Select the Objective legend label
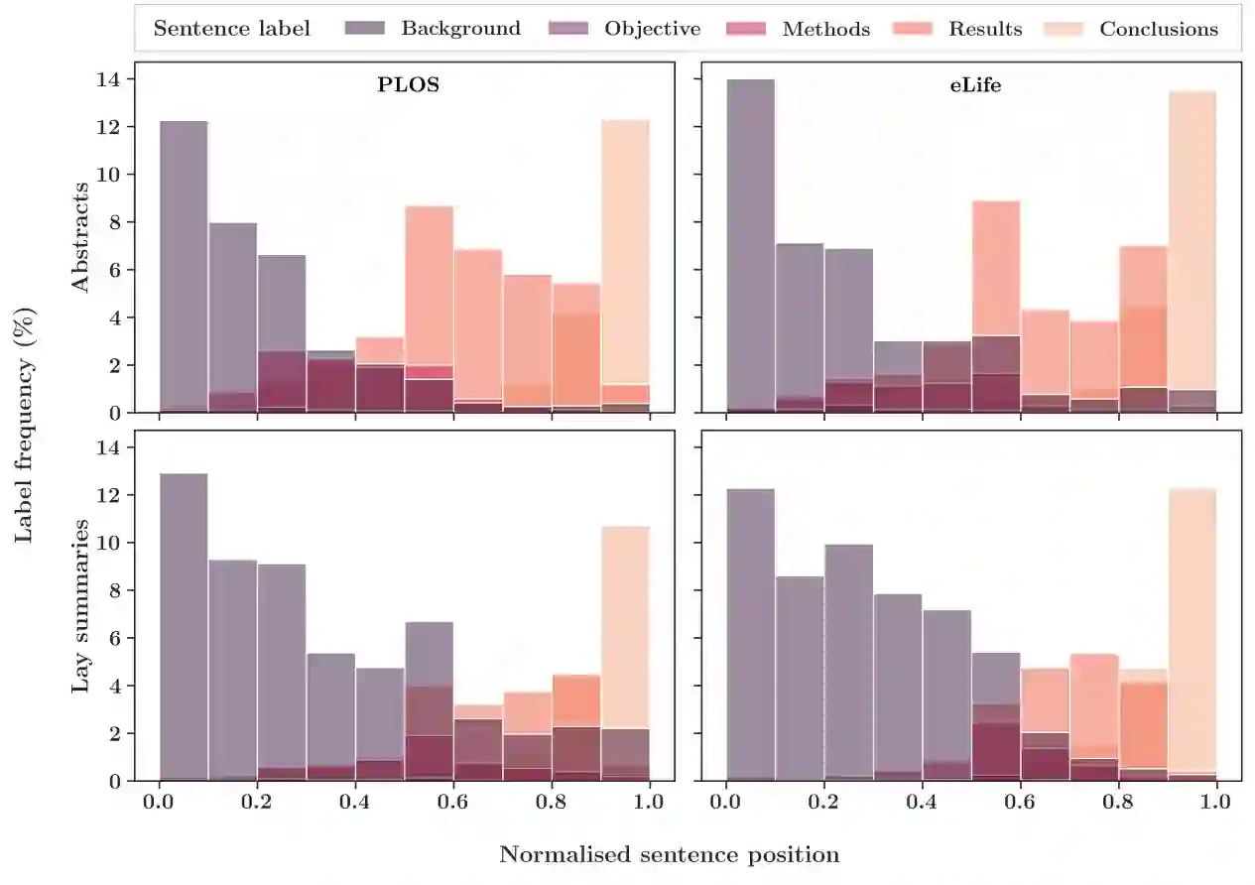pyautogui.click(x=652, y=29)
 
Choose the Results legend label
pyautogui.click(x=984, y=29)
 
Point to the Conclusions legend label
pyautogui.click(x=1158, y=29)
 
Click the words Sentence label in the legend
pyautogui.click(x=231, y=29)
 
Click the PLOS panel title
pyautogui.click(x=408, y=84)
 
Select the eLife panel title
pyautogui.click(x=974, y=84)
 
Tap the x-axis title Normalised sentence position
pyautogui.click(x=669, y=854)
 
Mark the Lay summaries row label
pyautogui.click(x=80, y=605)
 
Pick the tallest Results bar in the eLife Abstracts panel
pyautogui.click(x=995, y=268)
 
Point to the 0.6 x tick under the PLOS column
pyautogui.click(x=453, y=801)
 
